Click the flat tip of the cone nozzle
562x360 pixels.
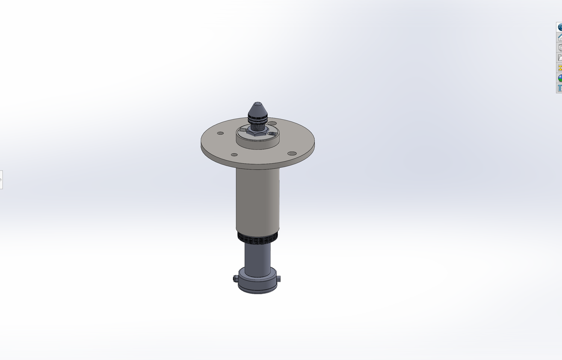tap(257, 103)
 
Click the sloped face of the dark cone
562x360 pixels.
tap(257, 110)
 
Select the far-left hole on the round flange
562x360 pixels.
tap(220, 133)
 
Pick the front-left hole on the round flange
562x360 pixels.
tap(234, 155)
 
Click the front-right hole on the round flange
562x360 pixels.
tap(291, 153)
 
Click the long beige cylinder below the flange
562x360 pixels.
tap(257, 199)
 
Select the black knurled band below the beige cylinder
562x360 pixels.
tap(257, 238)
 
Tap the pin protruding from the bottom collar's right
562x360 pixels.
tap(280, 278)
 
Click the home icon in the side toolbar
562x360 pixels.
tap(560, 37)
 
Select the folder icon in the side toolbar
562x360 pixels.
tap(560, 57)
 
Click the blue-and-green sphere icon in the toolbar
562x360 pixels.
tap(560, 78)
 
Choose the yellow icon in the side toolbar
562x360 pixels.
tap(560, 68)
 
